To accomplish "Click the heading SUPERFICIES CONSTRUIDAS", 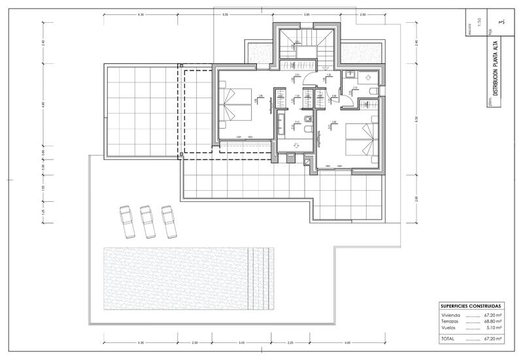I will point(471,306).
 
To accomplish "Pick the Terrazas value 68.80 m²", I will point(492,321).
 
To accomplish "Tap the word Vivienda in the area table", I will point(451,315).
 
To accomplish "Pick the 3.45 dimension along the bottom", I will point(241,343).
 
